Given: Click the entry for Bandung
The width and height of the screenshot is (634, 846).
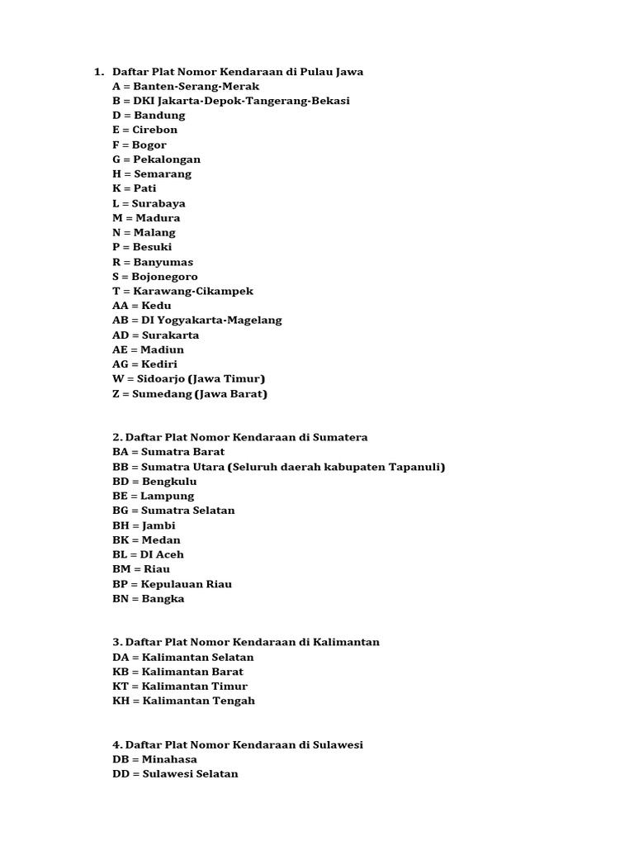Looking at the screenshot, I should (149, 115).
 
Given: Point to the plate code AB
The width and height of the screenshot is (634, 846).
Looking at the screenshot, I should (121, 321).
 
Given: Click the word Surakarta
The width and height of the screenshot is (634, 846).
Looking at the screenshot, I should (170, 335).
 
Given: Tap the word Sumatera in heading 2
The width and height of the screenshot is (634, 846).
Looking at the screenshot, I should (338, 437).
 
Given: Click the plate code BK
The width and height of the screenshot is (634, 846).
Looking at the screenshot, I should (121, 540).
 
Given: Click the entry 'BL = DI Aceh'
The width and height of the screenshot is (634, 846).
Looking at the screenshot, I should (149, 555).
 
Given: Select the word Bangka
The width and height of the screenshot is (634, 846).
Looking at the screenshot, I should (163, 599).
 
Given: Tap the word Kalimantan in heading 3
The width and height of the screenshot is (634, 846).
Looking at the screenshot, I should (347, 642).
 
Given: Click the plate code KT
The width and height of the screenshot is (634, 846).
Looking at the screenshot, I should (121, 687).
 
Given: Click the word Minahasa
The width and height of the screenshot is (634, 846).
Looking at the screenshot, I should (169, 759).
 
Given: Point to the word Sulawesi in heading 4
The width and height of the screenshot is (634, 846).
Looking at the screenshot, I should (338, 744).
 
